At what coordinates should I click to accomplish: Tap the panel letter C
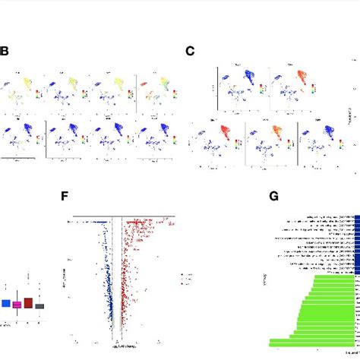coord(191,52)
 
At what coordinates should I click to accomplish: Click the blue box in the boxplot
coord(5,303)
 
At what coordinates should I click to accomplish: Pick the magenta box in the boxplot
coord(17,305)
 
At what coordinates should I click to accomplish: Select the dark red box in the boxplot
coord(28,303)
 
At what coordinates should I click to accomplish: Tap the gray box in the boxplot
coord(40,306)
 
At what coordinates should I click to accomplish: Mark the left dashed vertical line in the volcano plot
coord(112,281)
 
